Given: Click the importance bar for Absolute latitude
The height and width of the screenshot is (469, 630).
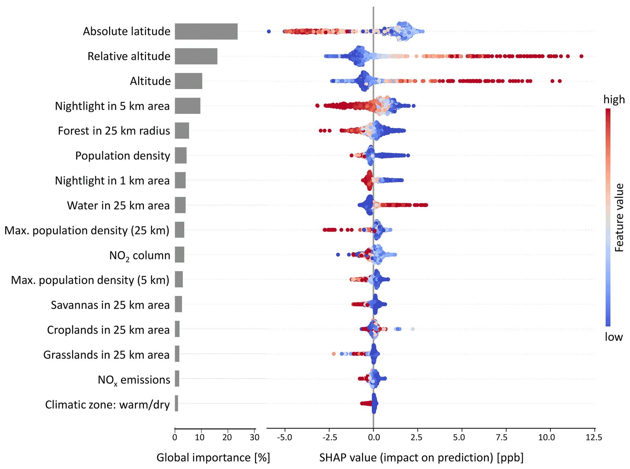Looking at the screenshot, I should tap(206, 31).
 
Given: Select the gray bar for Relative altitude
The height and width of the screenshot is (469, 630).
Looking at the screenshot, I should tap(196, 56).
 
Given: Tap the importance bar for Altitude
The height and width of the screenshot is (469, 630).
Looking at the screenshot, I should tap(188, 81).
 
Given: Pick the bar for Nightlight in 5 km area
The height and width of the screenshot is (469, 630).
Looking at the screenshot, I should tap(187, 106).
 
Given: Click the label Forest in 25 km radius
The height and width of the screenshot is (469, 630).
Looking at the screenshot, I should tap(114, 131).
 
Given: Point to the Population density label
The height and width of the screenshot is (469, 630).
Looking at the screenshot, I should tap(123, 156).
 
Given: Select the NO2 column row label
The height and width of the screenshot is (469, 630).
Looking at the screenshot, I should tap(140, 255).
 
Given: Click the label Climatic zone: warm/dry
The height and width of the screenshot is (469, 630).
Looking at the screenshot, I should tap(107, 405).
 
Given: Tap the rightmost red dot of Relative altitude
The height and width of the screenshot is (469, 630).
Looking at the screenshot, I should tap(581, 56).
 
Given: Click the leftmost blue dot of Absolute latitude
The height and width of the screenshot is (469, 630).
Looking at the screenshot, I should tap(269, 31).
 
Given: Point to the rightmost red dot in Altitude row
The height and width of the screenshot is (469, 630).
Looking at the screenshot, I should tap(560, 81).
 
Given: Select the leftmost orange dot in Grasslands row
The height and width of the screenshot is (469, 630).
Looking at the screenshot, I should tap(333, 354).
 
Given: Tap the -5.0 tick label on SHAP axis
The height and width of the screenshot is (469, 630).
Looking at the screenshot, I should tap(284, 438).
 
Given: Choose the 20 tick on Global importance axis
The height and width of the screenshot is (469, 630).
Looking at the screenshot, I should tap(227, 438).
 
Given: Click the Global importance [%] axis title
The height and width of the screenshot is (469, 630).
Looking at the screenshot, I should tap(213, 457).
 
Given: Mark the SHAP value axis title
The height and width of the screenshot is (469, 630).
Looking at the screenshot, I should tap(421, 457).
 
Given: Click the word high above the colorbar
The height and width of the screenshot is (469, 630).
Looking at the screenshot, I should tap(614, 100).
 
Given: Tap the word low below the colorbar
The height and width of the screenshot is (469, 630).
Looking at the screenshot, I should tap(614, 337).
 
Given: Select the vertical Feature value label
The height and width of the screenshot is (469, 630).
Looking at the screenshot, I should tap(619, 218).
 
